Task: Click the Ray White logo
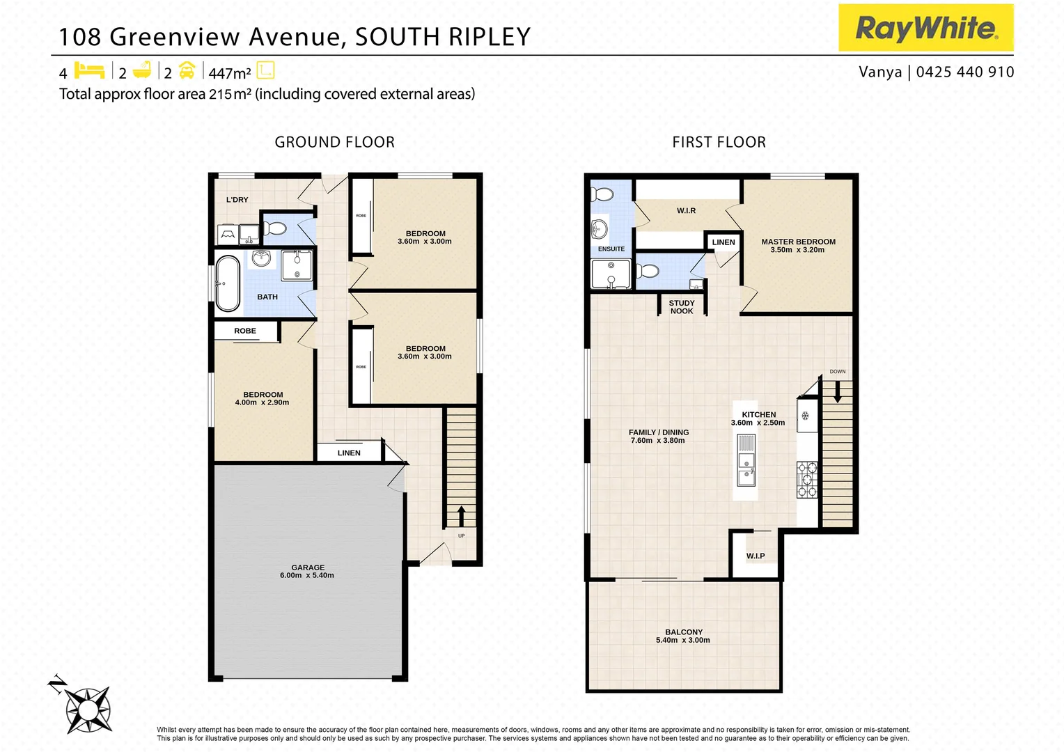coord(925,28)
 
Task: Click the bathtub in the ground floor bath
coord(227,284)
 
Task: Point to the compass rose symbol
coord(88,710)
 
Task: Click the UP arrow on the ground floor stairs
coord(461,516)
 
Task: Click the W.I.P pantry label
coord(756,556)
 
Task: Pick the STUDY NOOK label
coord(682,307)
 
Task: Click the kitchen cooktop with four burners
coord(807,480)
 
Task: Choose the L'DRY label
coord(237,200)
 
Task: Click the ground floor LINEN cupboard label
coord(349,453)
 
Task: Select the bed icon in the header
coord(89,71)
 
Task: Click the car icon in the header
coord(187,71)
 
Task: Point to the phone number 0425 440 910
coord(964,72)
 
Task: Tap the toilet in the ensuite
coord(602,194)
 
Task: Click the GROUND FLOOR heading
coord(334,142)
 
